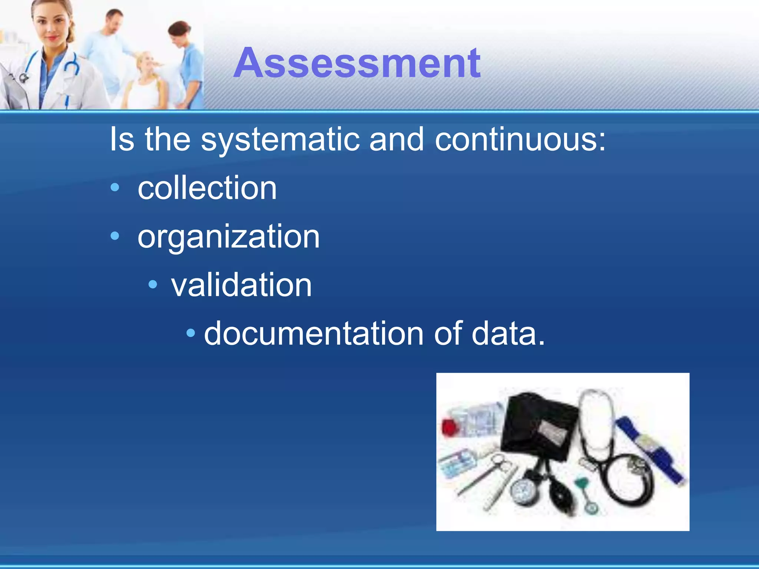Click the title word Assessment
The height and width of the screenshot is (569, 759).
(x=357, y=63)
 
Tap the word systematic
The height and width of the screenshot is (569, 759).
(x=280, y=140)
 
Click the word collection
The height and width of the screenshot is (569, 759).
(x=207, y=188)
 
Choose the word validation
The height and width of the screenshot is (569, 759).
(x=241, y=285)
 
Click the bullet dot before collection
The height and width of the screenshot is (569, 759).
(x=115, y=187)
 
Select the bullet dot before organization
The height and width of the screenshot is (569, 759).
(x=115, y=236)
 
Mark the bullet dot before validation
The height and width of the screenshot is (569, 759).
(x=153, y=284)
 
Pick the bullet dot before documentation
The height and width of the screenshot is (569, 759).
(x=190, y=333)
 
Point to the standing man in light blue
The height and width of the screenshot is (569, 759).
(x=107, y=44)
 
